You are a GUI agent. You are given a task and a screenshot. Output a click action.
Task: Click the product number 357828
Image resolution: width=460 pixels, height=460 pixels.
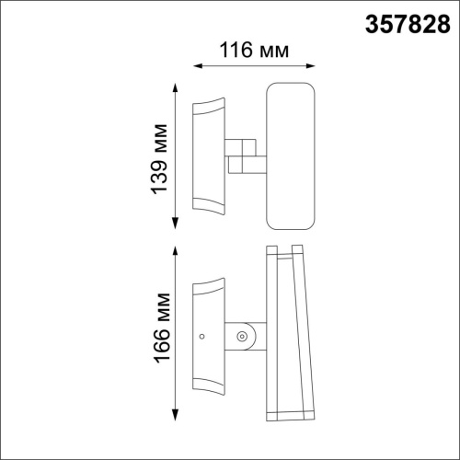pos(408,24)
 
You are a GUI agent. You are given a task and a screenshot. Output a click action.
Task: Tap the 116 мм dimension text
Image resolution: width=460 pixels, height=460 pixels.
pos(254,50)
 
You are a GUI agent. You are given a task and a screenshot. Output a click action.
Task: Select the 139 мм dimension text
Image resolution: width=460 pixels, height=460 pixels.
pos(159,159)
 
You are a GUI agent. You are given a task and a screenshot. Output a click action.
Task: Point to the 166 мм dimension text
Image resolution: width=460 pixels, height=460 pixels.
pos(162,328)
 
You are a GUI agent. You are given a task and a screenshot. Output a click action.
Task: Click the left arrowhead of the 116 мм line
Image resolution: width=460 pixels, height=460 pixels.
pos(198,66)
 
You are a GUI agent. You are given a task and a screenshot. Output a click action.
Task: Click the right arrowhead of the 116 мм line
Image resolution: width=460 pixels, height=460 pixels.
pos(311,66)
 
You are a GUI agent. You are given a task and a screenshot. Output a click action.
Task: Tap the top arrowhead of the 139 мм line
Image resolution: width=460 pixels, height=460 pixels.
pos(175,87)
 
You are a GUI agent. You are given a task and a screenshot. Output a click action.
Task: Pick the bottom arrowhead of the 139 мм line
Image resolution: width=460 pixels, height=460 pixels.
pos(175,223)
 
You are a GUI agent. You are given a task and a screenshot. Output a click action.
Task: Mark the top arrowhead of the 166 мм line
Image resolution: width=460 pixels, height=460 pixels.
pos(175,251)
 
